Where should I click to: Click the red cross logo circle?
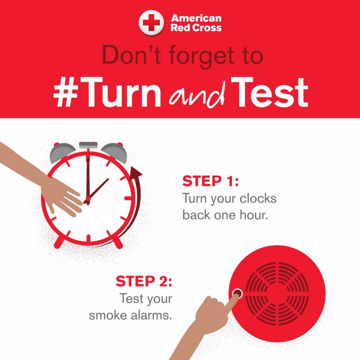click(x=151, y=22)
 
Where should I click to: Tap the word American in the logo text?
click(x=196, y=18)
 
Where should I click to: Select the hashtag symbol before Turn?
click(x=65, y=92)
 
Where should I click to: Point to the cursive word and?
click(x=197, y=95)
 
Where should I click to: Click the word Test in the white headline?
click(x=269, y=92)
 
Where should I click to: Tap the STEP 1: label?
click(x=210, y=181)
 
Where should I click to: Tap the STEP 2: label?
click(x=144, y=281)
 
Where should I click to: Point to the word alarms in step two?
click(x=151, y=315)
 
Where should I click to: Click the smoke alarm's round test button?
click(x=237, y=293)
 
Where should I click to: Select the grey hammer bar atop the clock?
click(x=88, y=145)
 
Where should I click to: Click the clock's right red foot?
click(x=118, y=242)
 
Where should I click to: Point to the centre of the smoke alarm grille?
click(x=277, y=294)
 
